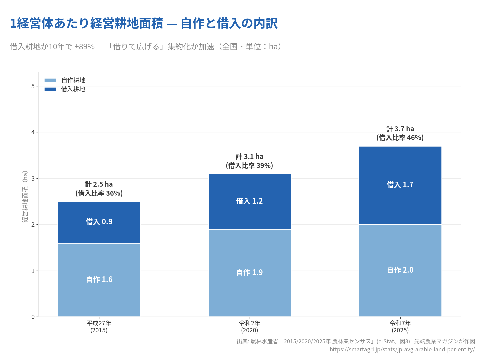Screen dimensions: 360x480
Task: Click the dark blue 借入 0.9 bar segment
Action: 99,222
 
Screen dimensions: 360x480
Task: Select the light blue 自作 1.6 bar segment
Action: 99,280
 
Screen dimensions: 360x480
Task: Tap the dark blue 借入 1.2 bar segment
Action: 250,201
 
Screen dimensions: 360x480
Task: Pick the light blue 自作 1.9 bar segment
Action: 250,273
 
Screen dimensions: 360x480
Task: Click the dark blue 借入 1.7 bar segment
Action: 400,185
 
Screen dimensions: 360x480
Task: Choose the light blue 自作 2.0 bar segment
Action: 400,270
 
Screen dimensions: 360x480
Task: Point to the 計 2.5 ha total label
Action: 99,184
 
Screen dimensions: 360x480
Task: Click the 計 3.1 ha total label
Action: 250,157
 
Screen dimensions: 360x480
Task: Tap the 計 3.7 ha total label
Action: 400,129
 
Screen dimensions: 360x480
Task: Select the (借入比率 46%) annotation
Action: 400,138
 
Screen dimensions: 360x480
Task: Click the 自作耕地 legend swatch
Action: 50,80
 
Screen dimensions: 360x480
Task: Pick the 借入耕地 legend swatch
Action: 50,89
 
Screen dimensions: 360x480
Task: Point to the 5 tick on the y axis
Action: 33,86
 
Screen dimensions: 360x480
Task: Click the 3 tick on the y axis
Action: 33,179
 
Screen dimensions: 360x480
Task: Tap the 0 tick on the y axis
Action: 33,317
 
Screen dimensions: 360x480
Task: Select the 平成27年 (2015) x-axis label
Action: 99,327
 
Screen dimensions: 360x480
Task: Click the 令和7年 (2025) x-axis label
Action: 400,327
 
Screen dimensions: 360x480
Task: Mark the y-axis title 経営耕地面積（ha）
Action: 25,197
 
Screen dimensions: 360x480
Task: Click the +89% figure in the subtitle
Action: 85,47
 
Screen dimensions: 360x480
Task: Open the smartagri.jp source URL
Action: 402,349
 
